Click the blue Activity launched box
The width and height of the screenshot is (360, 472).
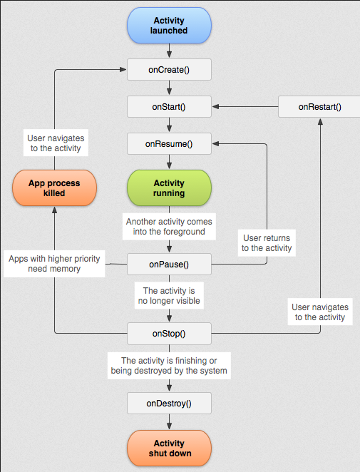tap(169, 26)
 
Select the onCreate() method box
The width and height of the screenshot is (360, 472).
tap(169, 69)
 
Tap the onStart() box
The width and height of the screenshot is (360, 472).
tap(169, 107)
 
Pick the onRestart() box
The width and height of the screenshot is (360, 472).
tap(319, 107)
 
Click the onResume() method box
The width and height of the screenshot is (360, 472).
tap(169, 144)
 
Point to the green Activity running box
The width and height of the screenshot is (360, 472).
tap(169, 188)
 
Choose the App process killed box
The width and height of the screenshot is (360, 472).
tap(54, 188)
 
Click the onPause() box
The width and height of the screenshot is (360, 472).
tap(169, 264)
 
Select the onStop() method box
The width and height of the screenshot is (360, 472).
tap(169, 333)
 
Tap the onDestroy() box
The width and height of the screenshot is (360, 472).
tap(169, 403)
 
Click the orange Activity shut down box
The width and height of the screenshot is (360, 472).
tap(169, 448)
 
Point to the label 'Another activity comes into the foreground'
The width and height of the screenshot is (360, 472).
tap(169, 227)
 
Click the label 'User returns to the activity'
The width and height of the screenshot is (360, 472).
tap(267, 243)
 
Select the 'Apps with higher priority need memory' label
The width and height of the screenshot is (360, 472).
tap(54, 264)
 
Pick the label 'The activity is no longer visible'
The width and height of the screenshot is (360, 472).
tap(169, 296)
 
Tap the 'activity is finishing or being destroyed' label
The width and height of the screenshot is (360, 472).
tap(169, 366)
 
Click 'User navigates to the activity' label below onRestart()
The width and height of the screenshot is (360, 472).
tap(319, 312)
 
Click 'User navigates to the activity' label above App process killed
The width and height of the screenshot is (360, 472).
tap(54, 143)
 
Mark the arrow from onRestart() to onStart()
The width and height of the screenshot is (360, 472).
tap(245, 107)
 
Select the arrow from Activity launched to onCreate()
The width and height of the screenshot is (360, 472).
tap(169, 51)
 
